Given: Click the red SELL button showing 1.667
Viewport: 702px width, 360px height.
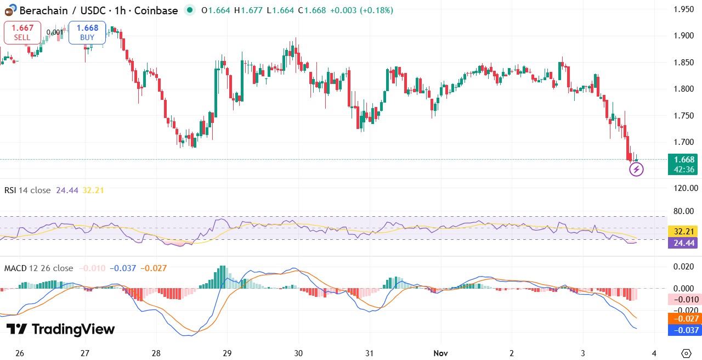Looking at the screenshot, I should pos(22,32).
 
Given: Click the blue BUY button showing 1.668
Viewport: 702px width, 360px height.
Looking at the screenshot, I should pos(87,32).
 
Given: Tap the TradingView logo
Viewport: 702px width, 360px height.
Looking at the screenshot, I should pos(60,329).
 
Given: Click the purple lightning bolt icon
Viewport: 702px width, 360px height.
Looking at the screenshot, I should pos(636,170).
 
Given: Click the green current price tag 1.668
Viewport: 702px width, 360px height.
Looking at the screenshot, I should pos(684,164).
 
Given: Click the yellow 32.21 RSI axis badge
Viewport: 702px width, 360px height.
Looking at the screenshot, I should pos(684,232).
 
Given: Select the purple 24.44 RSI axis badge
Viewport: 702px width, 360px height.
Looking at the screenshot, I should pos(684,243).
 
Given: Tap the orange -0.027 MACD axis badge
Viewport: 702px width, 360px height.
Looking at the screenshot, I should pos(684,319).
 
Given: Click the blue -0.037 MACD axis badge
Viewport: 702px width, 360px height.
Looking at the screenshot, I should pos(684,330).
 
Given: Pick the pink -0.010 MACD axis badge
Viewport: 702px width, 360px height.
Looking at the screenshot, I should pos(684,300).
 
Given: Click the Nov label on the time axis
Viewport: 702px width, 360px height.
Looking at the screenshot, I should pos(440,353).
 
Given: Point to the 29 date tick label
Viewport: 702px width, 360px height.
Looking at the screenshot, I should pos(227,353).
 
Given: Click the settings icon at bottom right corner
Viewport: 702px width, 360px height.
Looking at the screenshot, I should pos(686,353).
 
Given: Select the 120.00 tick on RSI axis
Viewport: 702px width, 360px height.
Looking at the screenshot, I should pos(685,188).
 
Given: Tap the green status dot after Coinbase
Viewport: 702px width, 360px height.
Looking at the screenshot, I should pos(190,10).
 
